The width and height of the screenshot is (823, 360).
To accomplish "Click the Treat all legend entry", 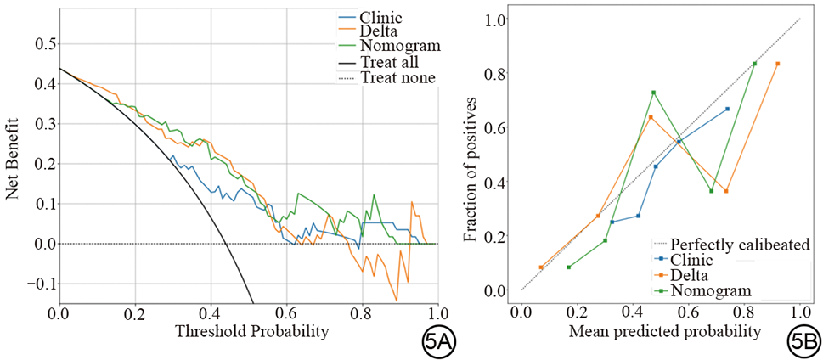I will point(387,62).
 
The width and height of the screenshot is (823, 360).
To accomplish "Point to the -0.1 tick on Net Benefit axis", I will point(37,284).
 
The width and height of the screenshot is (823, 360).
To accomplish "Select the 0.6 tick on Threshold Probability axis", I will point(286,312).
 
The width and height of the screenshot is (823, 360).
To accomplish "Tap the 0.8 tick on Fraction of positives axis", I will point(493,74).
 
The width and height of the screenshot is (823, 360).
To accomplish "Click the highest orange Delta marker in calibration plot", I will point(777,64).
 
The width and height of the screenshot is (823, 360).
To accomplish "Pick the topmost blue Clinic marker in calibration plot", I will point(727,109).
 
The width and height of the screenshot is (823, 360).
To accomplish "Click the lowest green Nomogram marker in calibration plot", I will point(568,267).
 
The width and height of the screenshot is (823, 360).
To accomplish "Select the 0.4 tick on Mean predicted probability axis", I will point(633,312).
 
